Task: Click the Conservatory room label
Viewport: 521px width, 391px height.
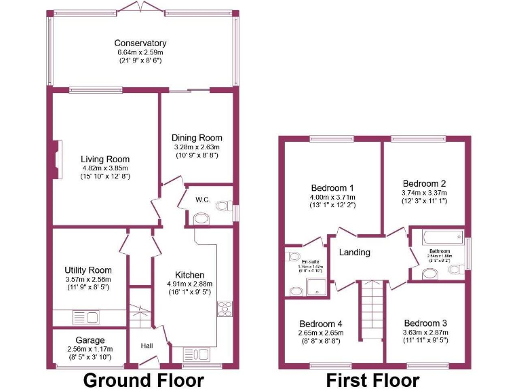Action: (x=140, y=43)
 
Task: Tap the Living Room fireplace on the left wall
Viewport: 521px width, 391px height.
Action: (x=58, y=160)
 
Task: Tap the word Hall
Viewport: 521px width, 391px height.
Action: (x=147, y=346)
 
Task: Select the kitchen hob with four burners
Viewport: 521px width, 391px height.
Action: (x=225, y=309)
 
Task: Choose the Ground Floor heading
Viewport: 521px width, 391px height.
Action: (x=143, y=380)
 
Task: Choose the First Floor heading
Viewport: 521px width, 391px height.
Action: (x=372, y=380)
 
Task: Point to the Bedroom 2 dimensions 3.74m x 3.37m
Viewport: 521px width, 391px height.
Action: (x=424, y=193)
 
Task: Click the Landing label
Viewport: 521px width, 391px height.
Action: (x=354, y=253)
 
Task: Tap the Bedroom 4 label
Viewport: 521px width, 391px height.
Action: (x=321, y=324)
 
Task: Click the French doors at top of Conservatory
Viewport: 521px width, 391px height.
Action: (x=140, y=6)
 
